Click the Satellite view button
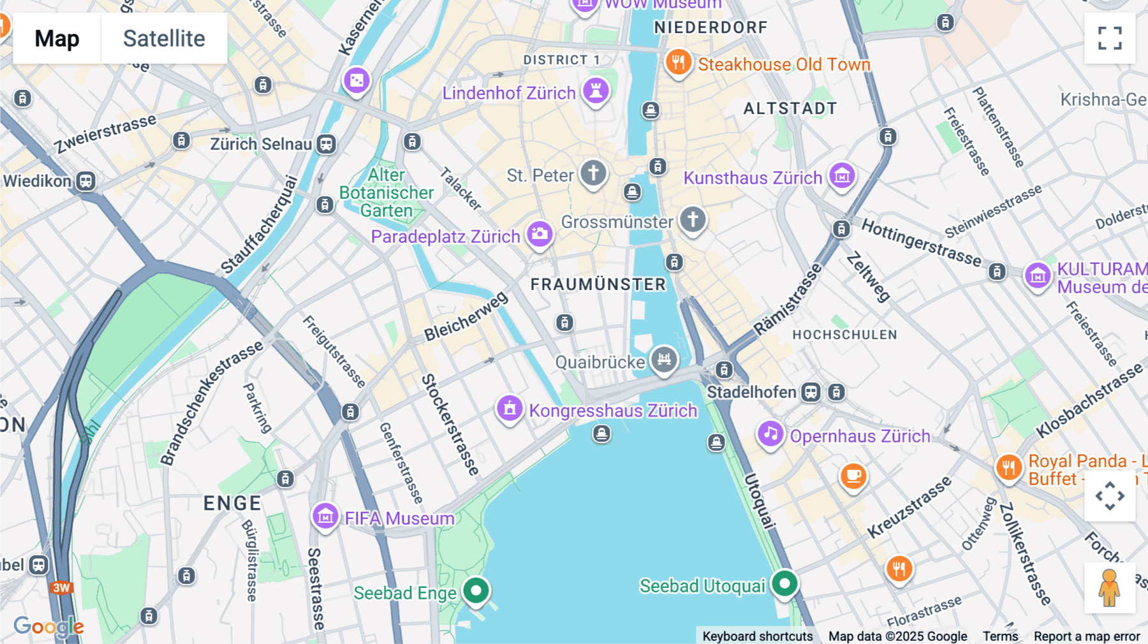[164, 38]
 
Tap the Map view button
[57, 38]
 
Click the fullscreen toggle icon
[1110, 38]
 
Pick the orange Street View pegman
[1109, 588]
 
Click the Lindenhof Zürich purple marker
[596, 91]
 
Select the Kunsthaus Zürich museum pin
[842, 175]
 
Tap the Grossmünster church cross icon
[693, 220]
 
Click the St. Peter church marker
[593, 173]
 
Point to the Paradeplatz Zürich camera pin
[540, 234]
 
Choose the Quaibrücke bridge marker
[664, 360]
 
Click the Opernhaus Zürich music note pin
[770, 434]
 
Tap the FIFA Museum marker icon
[325, 516]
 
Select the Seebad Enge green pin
[476, 590]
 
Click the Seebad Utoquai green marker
[784, 583]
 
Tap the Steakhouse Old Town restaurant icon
[679, 62]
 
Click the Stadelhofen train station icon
[811, 392]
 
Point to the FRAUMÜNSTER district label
[598, 284]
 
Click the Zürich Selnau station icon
[327, 144]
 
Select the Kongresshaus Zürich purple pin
[510, 409]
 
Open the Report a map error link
[1087, 636]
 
